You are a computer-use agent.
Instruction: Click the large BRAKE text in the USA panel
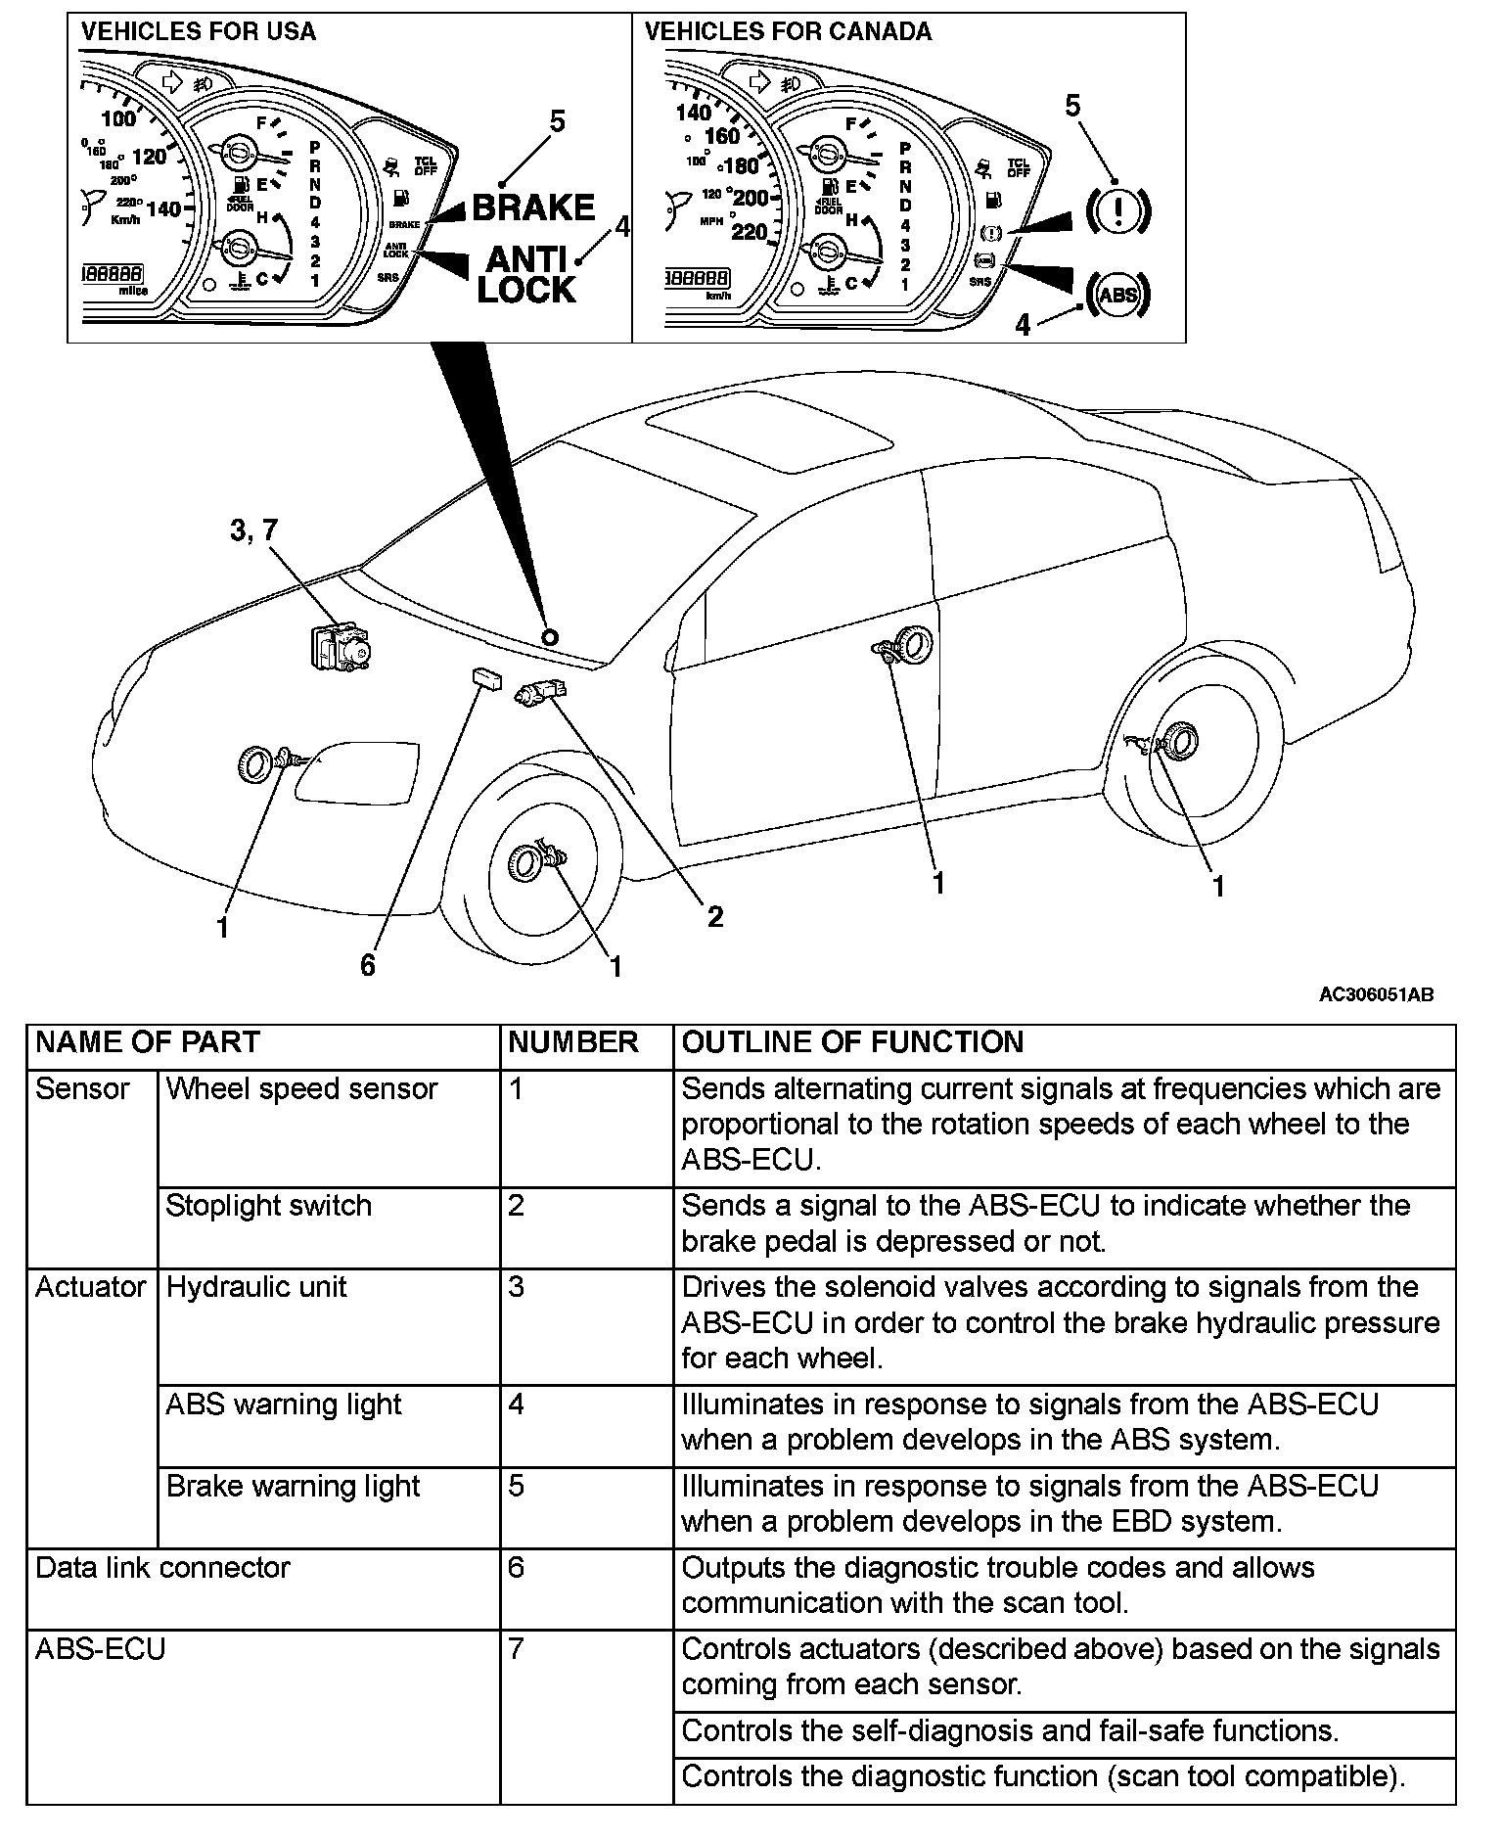tap(533, 207)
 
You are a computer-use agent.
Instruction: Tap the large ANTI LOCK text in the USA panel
tap(526, 275)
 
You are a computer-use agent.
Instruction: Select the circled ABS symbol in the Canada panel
tap(1118, 294)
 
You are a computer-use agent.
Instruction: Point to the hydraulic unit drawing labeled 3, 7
tap(342, 646)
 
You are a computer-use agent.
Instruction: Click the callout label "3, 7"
tap(254, 530)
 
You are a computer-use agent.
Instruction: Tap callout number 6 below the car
tap(368, 966)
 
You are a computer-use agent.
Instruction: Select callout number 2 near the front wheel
tap(715, 916)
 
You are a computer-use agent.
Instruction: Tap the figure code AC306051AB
tap(1376, 995)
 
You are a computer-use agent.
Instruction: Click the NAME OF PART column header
tap(148, 1042)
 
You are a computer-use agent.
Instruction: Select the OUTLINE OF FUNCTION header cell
tap(852, 1042)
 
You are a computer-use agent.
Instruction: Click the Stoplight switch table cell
tap(269, 1205)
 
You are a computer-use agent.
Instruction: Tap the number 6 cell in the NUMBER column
tap(517, 1568)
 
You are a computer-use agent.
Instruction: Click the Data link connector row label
tap(162, 1568)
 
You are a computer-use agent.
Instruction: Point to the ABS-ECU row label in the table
tap(101, 1649)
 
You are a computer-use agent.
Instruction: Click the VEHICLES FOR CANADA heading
tap(788, 31)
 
